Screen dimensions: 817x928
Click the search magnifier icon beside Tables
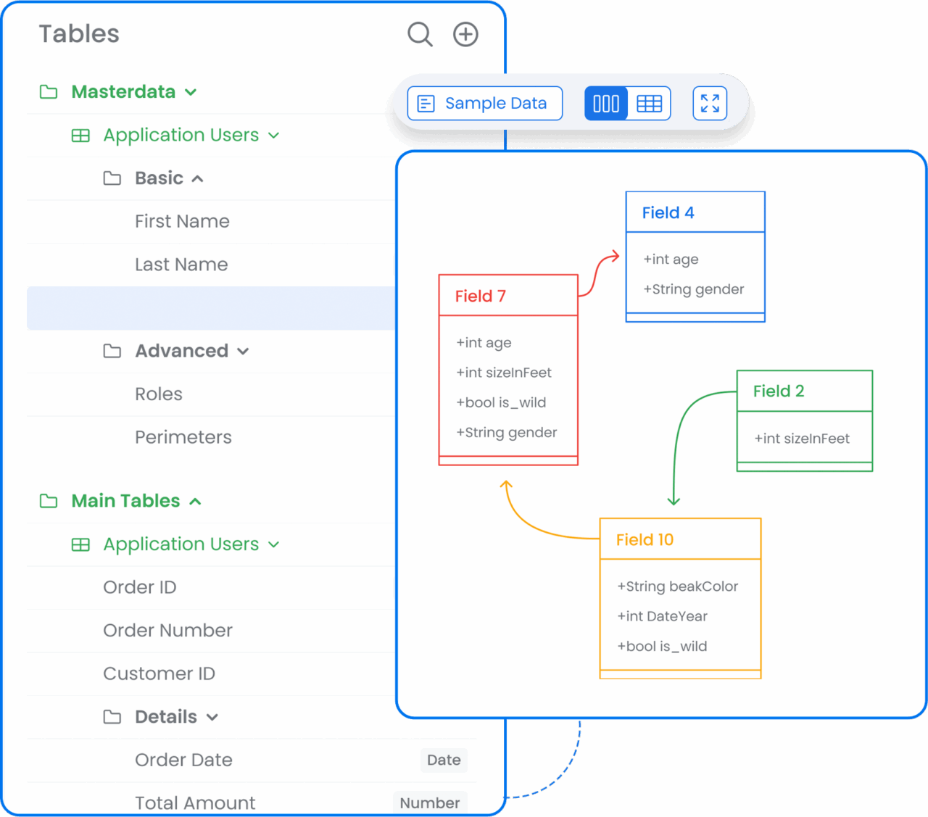[420, 34]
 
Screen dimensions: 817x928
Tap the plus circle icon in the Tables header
[465, 34]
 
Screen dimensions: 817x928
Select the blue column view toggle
[606, 104]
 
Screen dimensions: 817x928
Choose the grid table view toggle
[649, 104]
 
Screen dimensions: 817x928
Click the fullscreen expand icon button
[710, 104]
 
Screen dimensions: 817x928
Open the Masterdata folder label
[123, 92]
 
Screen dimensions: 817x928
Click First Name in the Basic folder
[182, 221]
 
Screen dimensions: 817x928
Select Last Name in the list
[181, 265]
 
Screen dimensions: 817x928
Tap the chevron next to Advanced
[243, 352]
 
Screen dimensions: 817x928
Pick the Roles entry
[159, 394]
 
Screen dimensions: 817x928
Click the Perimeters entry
[183, 437]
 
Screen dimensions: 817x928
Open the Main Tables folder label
[125, 501]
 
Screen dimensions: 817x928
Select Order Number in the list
[167, 631]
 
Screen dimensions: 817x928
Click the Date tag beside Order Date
[444, 760]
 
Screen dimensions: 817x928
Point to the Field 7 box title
[481, 296]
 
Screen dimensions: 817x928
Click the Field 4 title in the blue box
[668, 212]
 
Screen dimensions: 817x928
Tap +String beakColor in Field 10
[677, 586]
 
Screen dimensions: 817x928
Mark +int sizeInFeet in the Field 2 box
[802, 439]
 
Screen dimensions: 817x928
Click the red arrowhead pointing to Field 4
[615, 256]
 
